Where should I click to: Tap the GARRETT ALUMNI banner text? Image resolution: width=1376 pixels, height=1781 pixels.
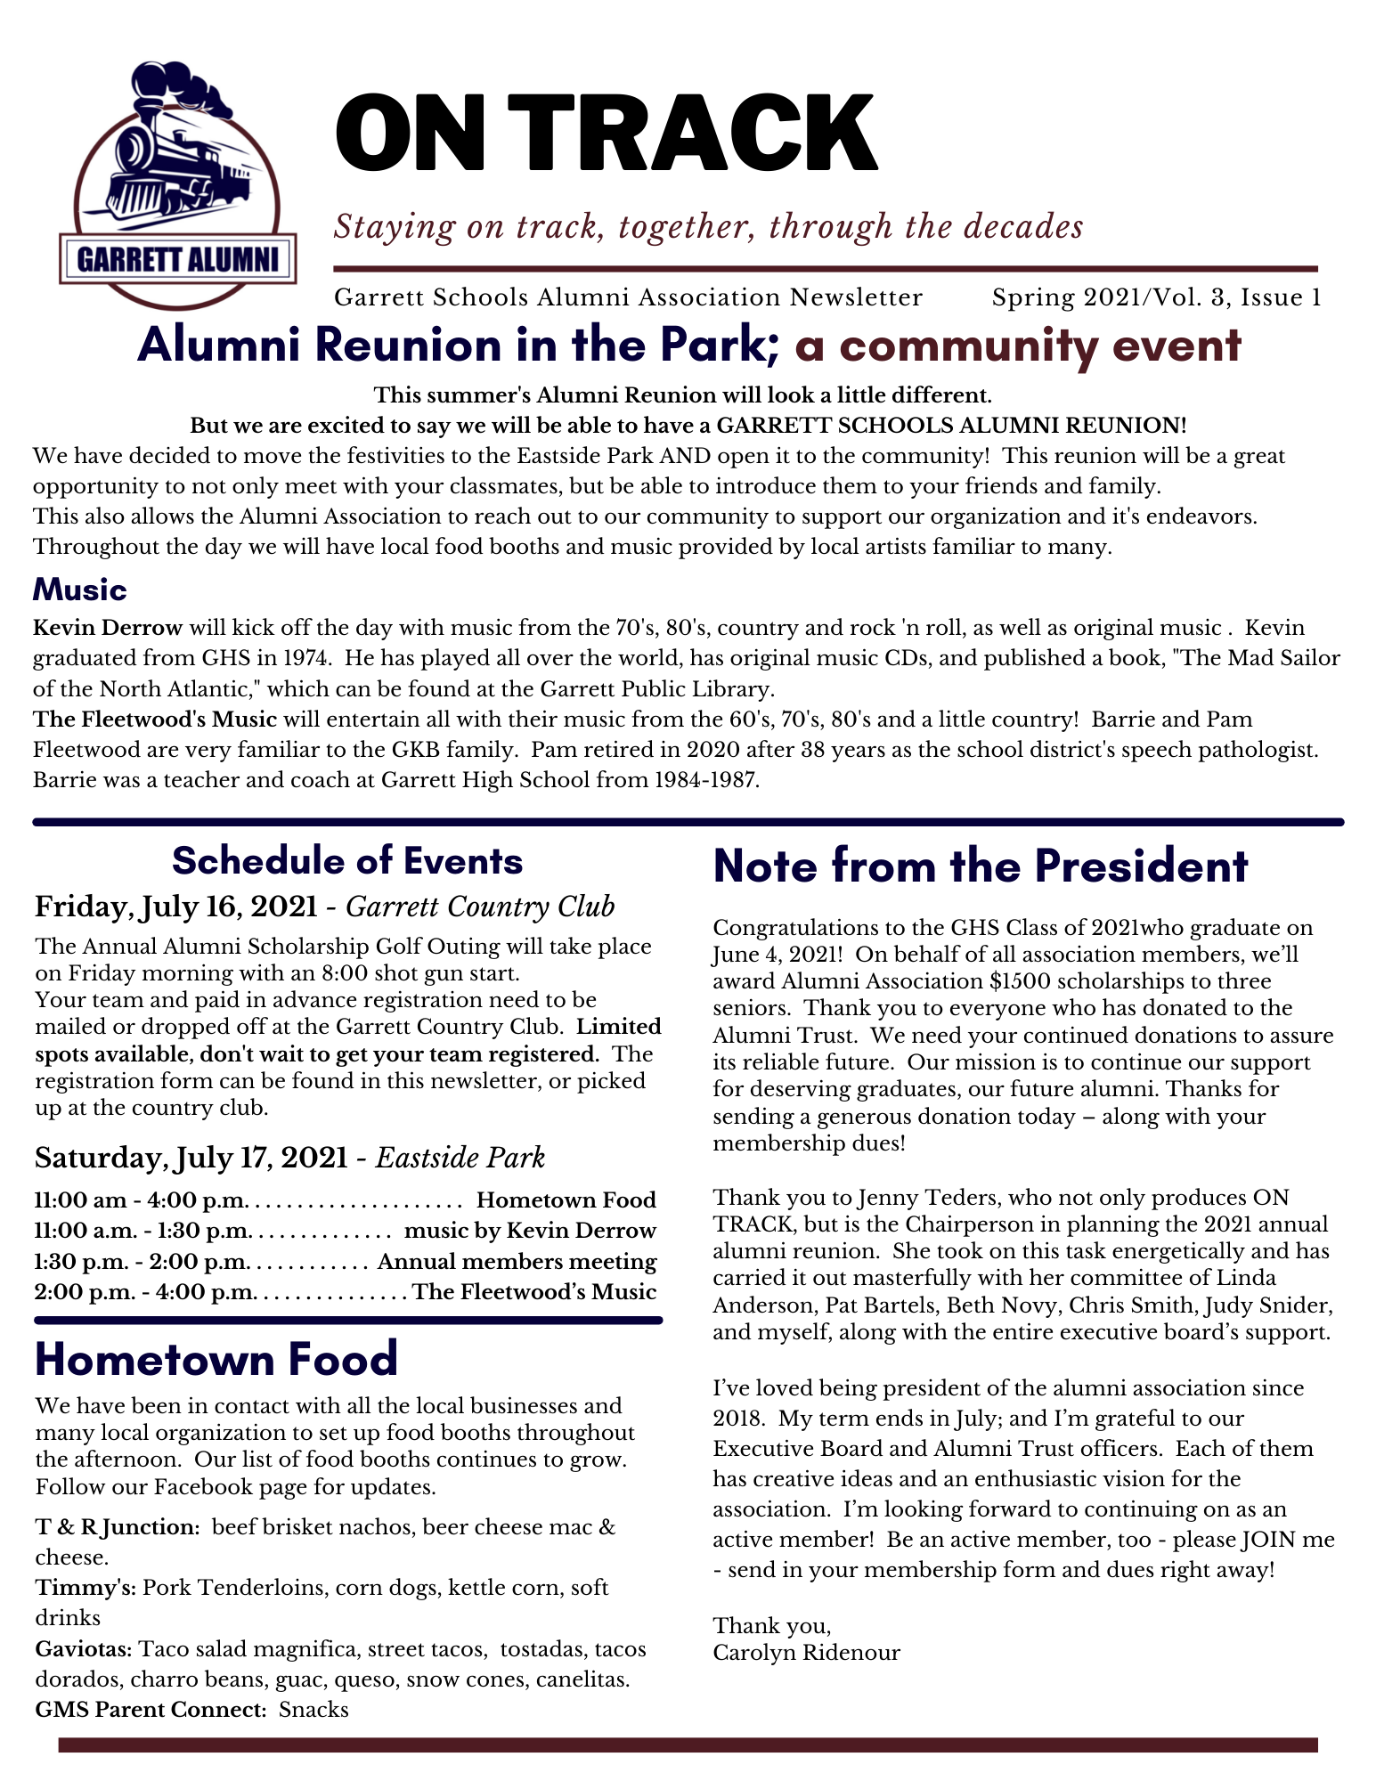point(178,259)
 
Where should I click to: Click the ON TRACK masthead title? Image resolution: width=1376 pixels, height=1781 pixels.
point(606,134)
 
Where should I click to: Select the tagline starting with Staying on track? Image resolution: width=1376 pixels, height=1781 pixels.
point(708,226)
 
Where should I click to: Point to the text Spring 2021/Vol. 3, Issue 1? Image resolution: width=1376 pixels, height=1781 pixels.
point(1156,297)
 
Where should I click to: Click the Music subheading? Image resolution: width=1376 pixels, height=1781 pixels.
point(80,590)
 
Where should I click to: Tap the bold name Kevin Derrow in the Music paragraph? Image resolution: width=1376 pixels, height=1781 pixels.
point(108,628)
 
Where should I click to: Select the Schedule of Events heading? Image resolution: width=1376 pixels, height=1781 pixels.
point(347,861)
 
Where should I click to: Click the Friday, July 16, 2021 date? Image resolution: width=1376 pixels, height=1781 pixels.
point(176,907)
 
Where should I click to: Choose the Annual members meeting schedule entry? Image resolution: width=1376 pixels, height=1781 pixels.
point(517,1262)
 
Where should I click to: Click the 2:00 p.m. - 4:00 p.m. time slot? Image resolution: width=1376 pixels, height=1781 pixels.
point(145,1292)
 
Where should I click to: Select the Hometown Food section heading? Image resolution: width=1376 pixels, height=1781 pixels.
point(216,1359)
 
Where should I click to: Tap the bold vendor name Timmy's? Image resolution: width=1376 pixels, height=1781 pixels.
point(85,1588)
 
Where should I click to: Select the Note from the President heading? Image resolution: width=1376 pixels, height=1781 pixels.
point(981,866)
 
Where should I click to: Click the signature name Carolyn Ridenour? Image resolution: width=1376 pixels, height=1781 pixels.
point(806,1653)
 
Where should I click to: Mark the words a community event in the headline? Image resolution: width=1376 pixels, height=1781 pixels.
point(1018,346)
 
